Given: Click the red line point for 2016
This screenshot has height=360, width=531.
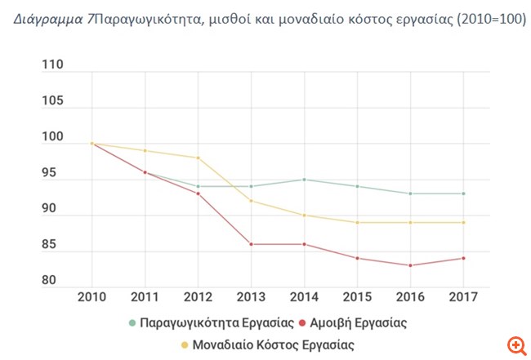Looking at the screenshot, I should [x=410, y=265].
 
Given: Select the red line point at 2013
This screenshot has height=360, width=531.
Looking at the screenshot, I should [x=251, y=244].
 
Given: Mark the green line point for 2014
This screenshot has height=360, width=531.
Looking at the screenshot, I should [x=304, y=180].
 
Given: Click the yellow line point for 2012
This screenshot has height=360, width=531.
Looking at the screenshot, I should [x=198, y=158].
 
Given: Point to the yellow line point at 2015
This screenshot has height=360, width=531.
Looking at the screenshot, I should [x=357, y=222].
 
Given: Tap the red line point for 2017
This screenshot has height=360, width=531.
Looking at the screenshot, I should [x=463, y=258].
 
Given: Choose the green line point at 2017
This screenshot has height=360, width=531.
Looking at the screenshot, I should [x=463, y=193].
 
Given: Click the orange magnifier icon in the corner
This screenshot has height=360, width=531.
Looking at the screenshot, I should [x=515, y=344].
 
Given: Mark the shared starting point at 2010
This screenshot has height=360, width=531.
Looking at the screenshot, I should [x=91, y=144].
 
